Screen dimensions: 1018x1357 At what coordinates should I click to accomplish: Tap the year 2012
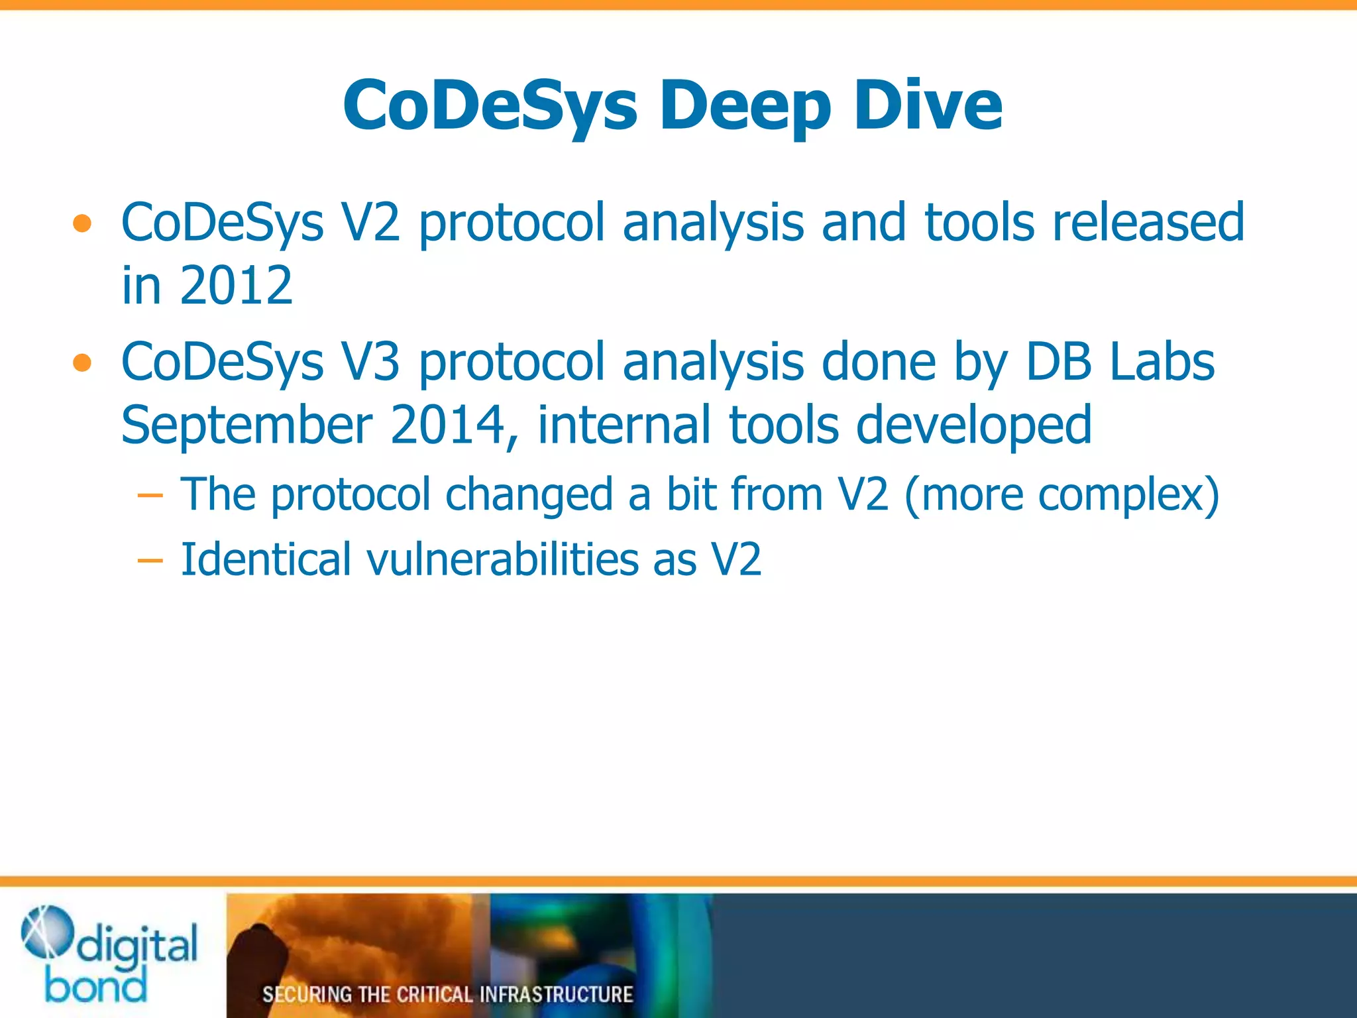click(x=236, y=286)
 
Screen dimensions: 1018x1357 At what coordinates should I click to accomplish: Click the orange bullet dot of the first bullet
click(x=82, y=224)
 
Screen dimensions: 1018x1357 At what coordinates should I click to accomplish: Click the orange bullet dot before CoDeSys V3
click(x=82, y=363)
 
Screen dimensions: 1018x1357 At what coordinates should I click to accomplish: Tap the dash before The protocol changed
click(x=150, y=496)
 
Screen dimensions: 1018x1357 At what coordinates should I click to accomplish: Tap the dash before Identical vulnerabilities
click(x=150, y=561)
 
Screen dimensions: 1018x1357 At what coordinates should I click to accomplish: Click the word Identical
click(x=265, y=559)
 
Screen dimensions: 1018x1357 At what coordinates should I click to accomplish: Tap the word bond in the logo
click(x=95, y=986)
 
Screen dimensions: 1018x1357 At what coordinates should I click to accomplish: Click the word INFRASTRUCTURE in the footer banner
click(x=556, y=994)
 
